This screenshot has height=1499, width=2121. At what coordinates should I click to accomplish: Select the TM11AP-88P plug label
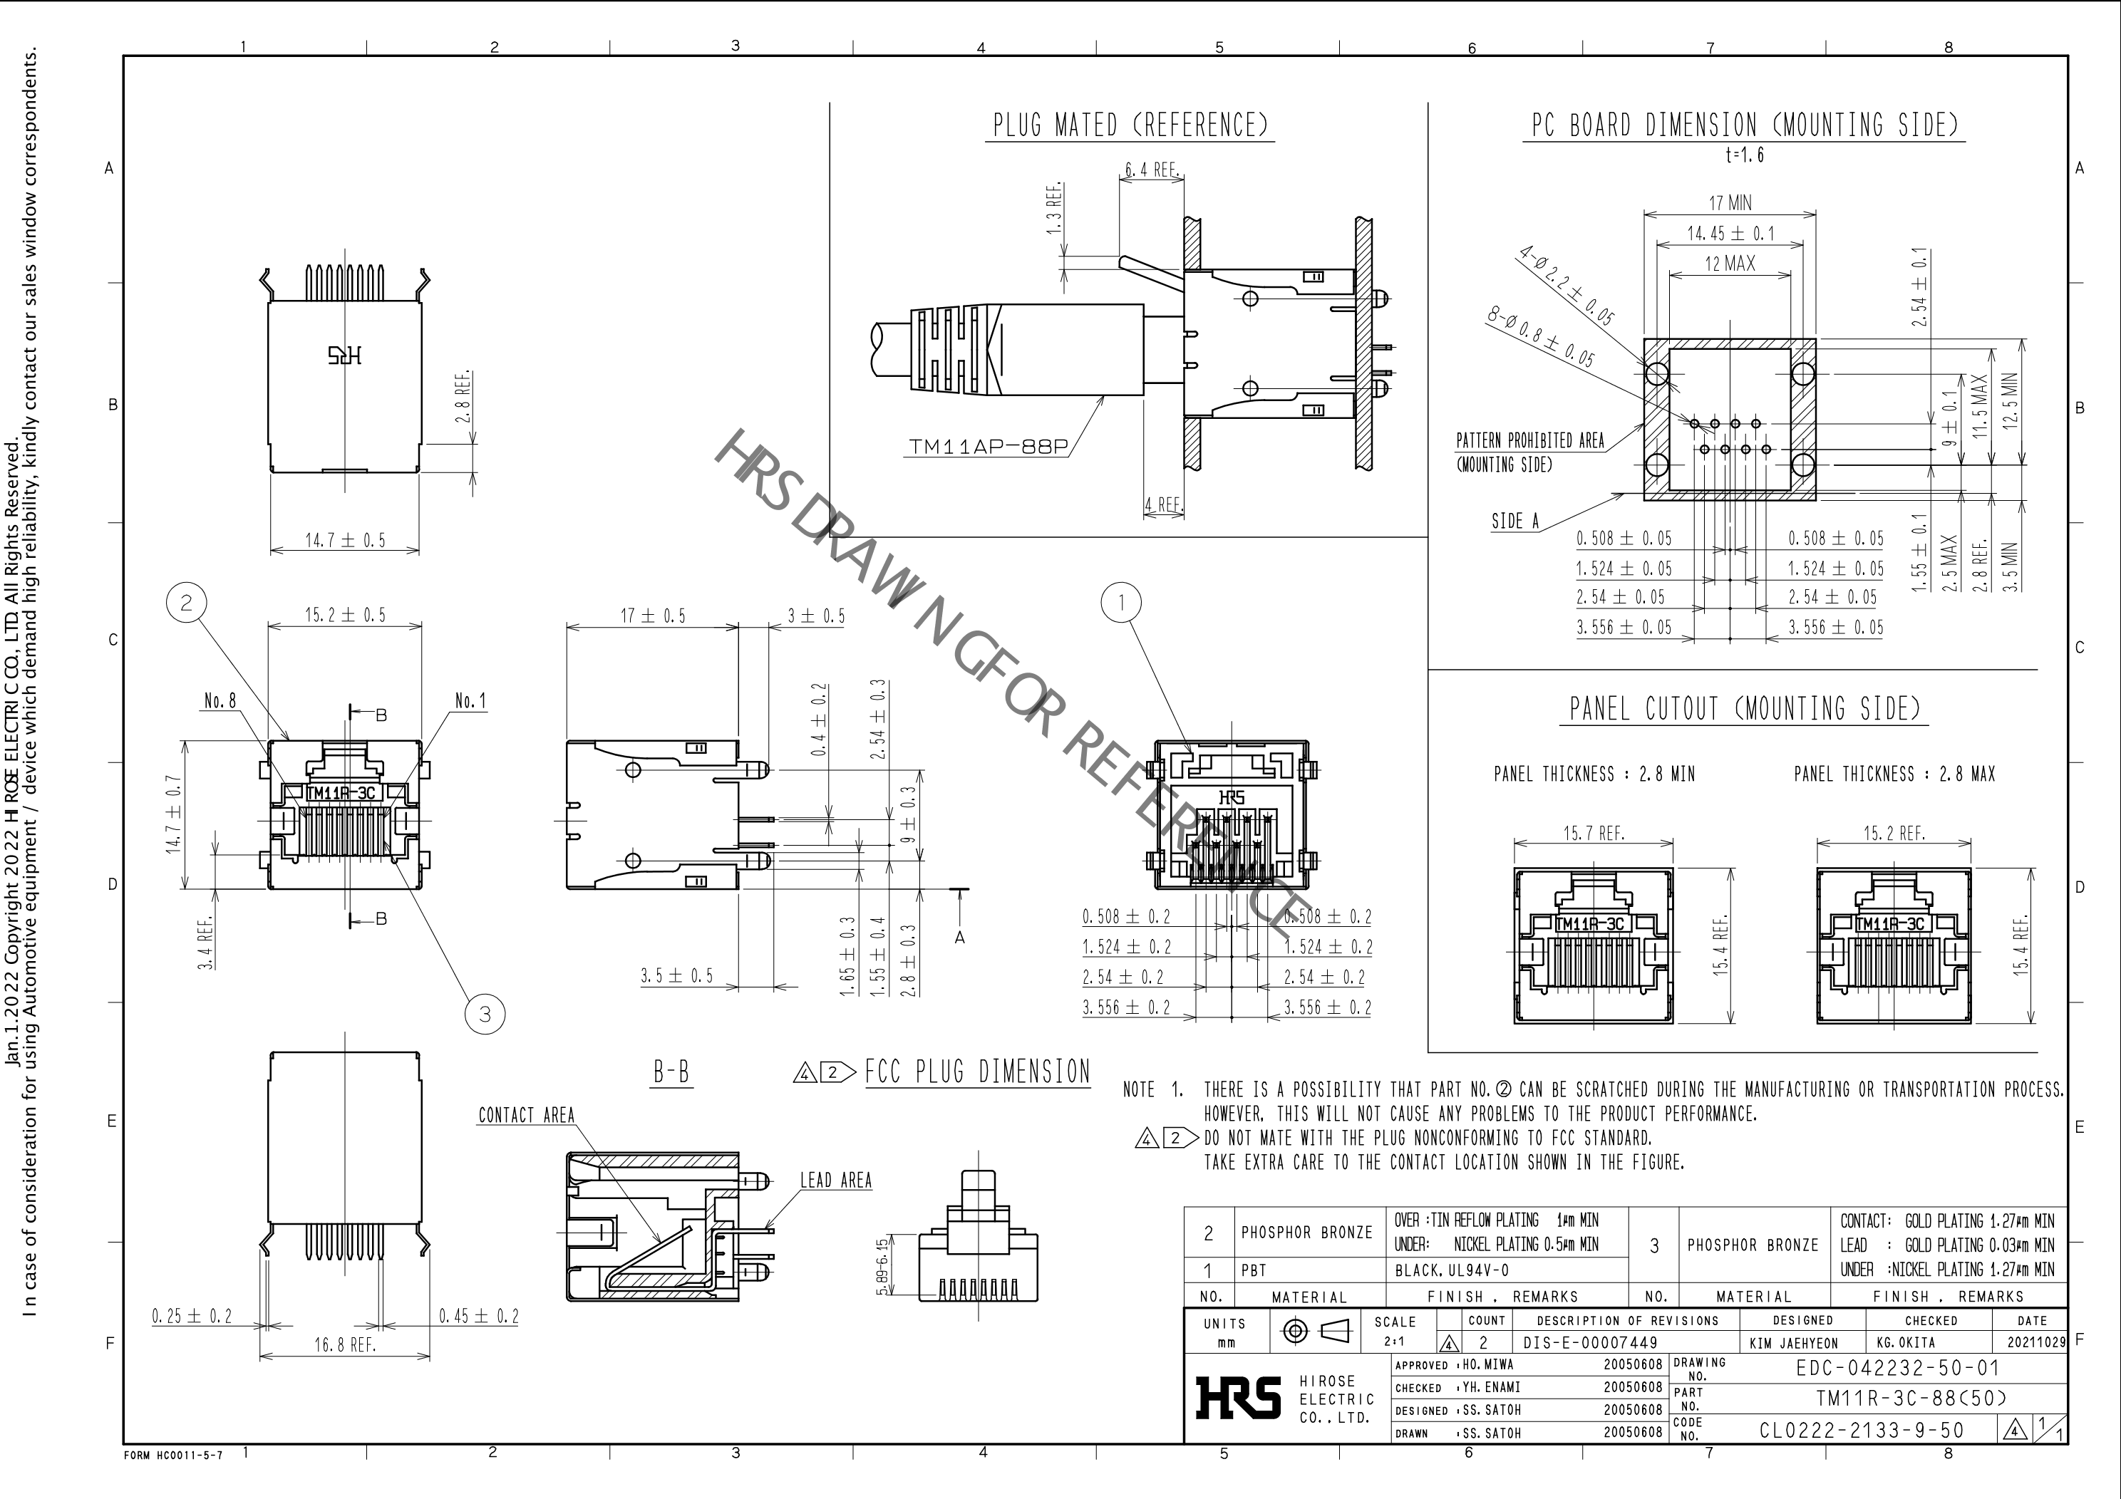[x=988, y=447]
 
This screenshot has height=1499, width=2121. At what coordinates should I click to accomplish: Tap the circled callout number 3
[x=485, y=1014]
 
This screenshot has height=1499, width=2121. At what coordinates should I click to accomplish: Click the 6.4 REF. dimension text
[x=1151, y=170]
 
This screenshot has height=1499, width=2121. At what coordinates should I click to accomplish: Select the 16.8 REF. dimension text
[x=344, y=1345]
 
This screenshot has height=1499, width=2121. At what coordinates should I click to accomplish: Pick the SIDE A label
[x=1515, y=522]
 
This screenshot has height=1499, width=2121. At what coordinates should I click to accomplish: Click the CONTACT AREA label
[x=526, y=1116]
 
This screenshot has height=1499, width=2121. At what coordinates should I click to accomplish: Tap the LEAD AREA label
[x=835, y=1181]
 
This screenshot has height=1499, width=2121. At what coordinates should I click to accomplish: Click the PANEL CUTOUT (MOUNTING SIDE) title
[x=1744, y=710]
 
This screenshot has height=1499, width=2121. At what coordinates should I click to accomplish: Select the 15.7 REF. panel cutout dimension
[x=1593, y=834]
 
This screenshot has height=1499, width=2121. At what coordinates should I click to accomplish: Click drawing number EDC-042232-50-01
[x=1897, y=1368]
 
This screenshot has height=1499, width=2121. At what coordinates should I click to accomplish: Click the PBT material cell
[x=1254, y=1270]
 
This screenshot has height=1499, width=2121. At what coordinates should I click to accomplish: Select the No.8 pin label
[x=220, y=701]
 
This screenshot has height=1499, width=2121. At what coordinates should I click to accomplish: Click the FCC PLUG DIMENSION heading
[x=977, y=1072]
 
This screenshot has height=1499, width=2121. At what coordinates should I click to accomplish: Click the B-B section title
[x=671, y=1072]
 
